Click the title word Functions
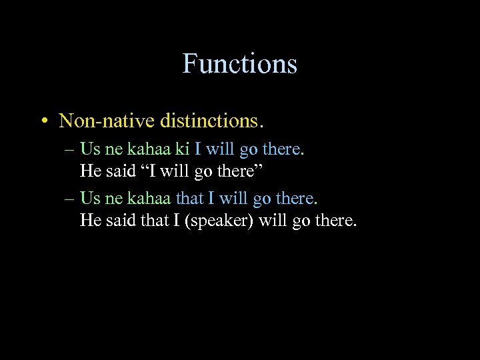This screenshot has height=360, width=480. pyautogui.click(x=240, y=64)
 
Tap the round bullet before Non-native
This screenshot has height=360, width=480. pyautogui.click(x=43, y=121)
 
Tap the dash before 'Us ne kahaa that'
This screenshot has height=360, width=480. pyautogui.click(x=71, y=199)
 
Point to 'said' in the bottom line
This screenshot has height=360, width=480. pyautogui.click(x=120, y=219)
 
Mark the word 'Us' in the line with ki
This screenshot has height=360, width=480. pyautogui.click(x=89, y=149)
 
